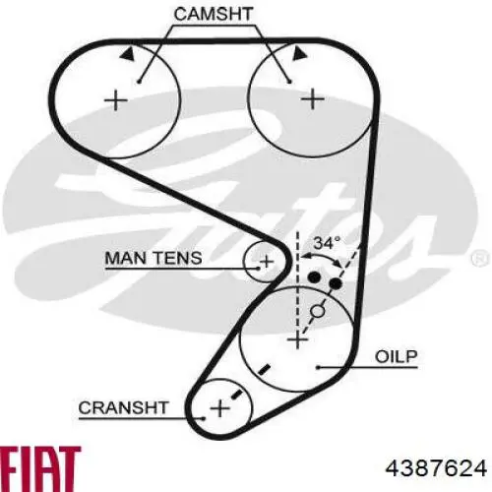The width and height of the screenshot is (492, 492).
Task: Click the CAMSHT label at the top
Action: [x=214, y=14]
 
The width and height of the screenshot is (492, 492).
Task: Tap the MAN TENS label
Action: [x=154, y=258]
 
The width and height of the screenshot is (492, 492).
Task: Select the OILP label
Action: [x=397, y=356]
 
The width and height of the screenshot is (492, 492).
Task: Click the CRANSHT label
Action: [x=123, y=407]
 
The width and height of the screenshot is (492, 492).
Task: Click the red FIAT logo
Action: [x=40, y=465]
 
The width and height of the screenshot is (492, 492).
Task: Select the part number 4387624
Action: [x=436, y=468]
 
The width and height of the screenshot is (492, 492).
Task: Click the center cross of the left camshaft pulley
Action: [x=115, y=99]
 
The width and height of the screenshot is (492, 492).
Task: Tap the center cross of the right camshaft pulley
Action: [x=313, y=98]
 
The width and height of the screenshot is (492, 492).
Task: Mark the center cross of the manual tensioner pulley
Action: [x=267, y=262]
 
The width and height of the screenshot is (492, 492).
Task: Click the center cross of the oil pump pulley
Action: [x=297, y=338]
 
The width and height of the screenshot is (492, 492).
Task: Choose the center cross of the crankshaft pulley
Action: [x=219, y=408]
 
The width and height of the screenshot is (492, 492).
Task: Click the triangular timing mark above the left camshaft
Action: [x=128, y=53]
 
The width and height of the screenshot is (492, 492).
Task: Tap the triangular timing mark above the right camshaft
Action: [x=299, y=53]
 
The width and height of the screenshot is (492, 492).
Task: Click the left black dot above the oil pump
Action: [x=315, y=277]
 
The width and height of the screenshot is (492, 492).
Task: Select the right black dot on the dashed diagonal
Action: [x=336, y=282]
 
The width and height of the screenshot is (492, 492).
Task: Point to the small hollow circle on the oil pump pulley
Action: [x=318, y=311]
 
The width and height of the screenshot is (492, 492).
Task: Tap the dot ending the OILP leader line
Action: [x=318, y=367]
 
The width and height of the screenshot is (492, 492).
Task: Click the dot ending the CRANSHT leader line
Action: [x=204, y=418]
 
